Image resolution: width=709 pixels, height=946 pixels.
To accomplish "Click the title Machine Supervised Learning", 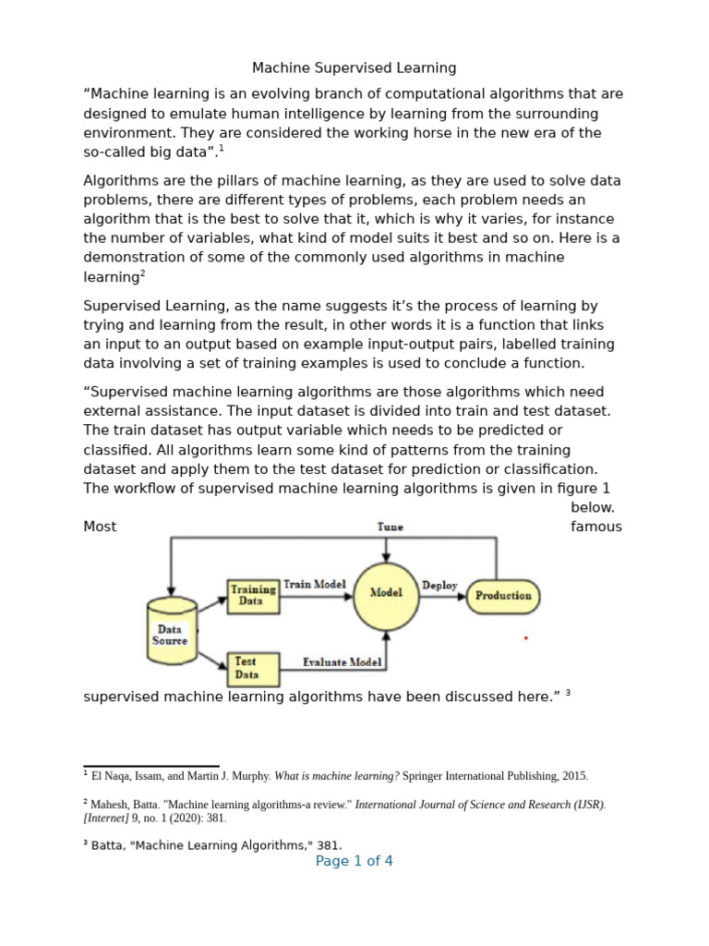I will coord(354,67).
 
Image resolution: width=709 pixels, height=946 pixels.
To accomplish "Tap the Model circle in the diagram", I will coord(386,594).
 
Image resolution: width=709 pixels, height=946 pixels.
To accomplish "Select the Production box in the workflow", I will coord(503,596).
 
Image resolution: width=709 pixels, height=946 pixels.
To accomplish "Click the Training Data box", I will coord(253,595).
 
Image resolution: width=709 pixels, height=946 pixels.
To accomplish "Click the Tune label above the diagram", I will coord(391,527).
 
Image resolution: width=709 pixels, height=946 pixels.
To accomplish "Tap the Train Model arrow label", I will coord(315,584).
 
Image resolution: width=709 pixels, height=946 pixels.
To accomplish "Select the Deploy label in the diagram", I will coord(439,585).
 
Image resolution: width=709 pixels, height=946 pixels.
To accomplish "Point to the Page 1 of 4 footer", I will coord(354,861).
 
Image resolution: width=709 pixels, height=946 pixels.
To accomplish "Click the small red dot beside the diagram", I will coord(525,637).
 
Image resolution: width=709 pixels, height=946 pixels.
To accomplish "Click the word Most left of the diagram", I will coord(100,527).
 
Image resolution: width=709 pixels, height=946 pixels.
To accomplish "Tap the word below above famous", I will coord(593,507).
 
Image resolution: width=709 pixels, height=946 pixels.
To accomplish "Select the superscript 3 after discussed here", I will coord(569,693).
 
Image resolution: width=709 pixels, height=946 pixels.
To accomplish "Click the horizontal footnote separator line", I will coord(151,766).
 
